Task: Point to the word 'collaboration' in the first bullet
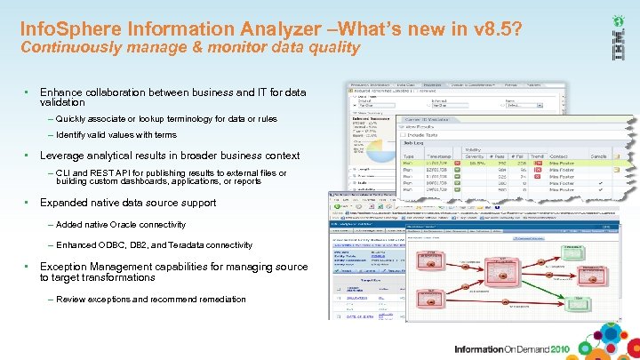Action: point(122,92)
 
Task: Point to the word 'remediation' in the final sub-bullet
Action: point(218,300)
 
